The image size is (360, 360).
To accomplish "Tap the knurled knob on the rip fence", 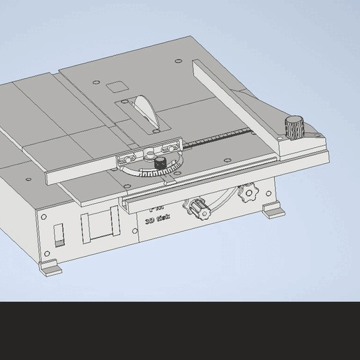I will pyautogui.click(x=292, y=128).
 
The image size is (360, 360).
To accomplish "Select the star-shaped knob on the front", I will pyautogui.click(x=246, y=195).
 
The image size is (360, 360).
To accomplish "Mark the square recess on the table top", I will pyautogui.click(x=114, y=87).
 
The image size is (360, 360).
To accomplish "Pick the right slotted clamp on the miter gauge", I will pyautogui.click(x=169, y=147).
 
